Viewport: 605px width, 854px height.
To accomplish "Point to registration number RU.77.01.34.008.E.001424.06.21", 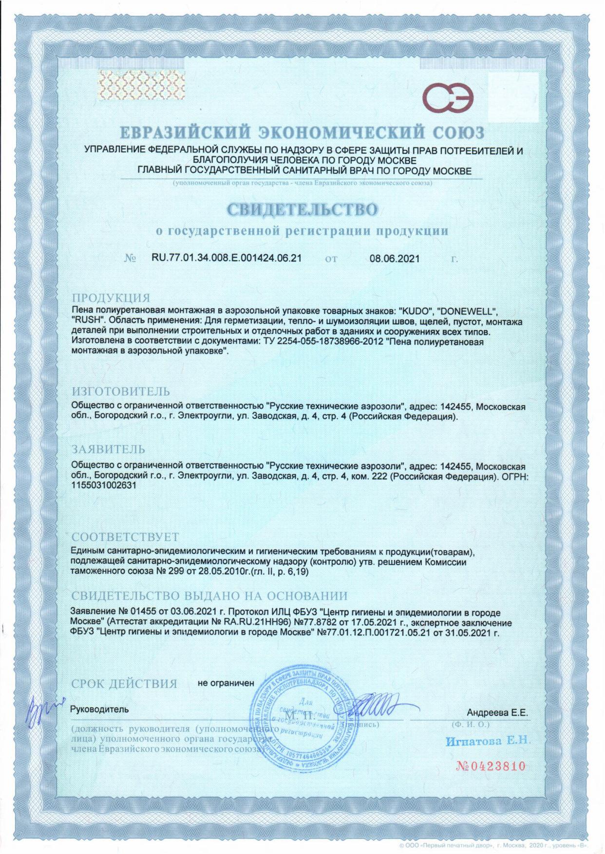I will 227,258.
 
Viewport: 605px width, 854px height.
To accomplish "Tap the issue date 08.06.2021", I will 394,259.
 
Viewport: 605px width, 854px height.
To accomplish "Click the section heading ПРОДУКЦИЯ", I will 111,298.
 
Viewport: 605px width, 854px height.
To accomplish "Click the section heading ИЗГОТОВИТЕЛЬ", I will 121,391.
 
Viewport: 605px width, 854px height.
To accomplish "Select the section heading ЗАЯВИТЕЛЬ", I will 108,449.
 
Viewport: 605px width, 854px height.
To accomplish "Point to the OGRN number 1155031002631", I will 103,485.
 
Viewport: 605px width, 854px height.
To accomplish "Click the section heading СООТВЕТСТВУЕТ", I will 125,537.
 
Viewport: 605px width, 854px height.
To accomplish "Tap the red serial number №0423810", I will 491,766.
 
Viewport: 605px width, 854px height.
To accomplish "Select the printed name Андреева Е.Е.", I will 497,713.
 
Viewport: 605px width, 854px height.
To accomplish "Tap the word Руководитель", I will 100,709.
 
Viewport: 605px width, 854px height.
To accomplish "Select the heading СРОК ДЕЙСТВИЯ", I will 124,684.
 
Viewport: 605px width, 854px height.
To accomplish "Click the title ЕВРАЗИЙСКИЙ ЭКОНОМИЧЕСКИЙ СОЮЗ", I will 302,132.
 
